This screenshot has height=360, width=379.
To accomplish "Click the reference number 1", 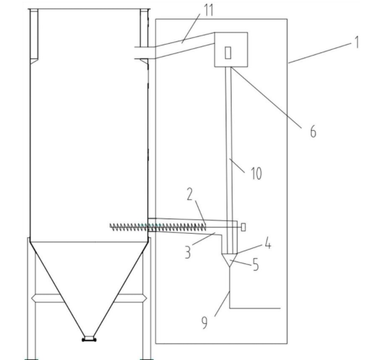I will pyautogui.click(x=357, y=43).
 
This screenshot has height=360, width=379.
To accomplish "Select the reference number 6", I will pyautogui.click(x=312, y=131).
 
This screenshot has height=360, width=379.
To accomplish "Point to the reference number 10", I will pyautogui.click(x=257, y=172).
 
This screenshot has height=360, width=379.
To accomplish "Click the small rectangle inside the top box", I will pyautogui.click(x=228, y=53).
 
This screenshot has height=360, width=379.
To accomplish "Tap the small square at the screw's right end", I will pyautogui.click(x=243, y=226).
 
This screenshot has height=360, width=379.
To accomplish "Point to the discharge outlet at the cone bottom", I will pyautogui.click(x=88, y=339).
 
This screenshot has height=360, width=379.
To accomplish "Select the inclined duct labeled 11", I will pyautogui.click(x=181, y=45).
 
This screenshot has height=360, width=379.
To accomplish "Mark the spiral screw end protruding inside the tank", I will pyautogui.click(x=127, y=226).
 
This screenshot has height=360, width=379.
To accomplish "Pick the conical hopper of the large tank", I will pyautogui.click(x=88, y=283).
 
